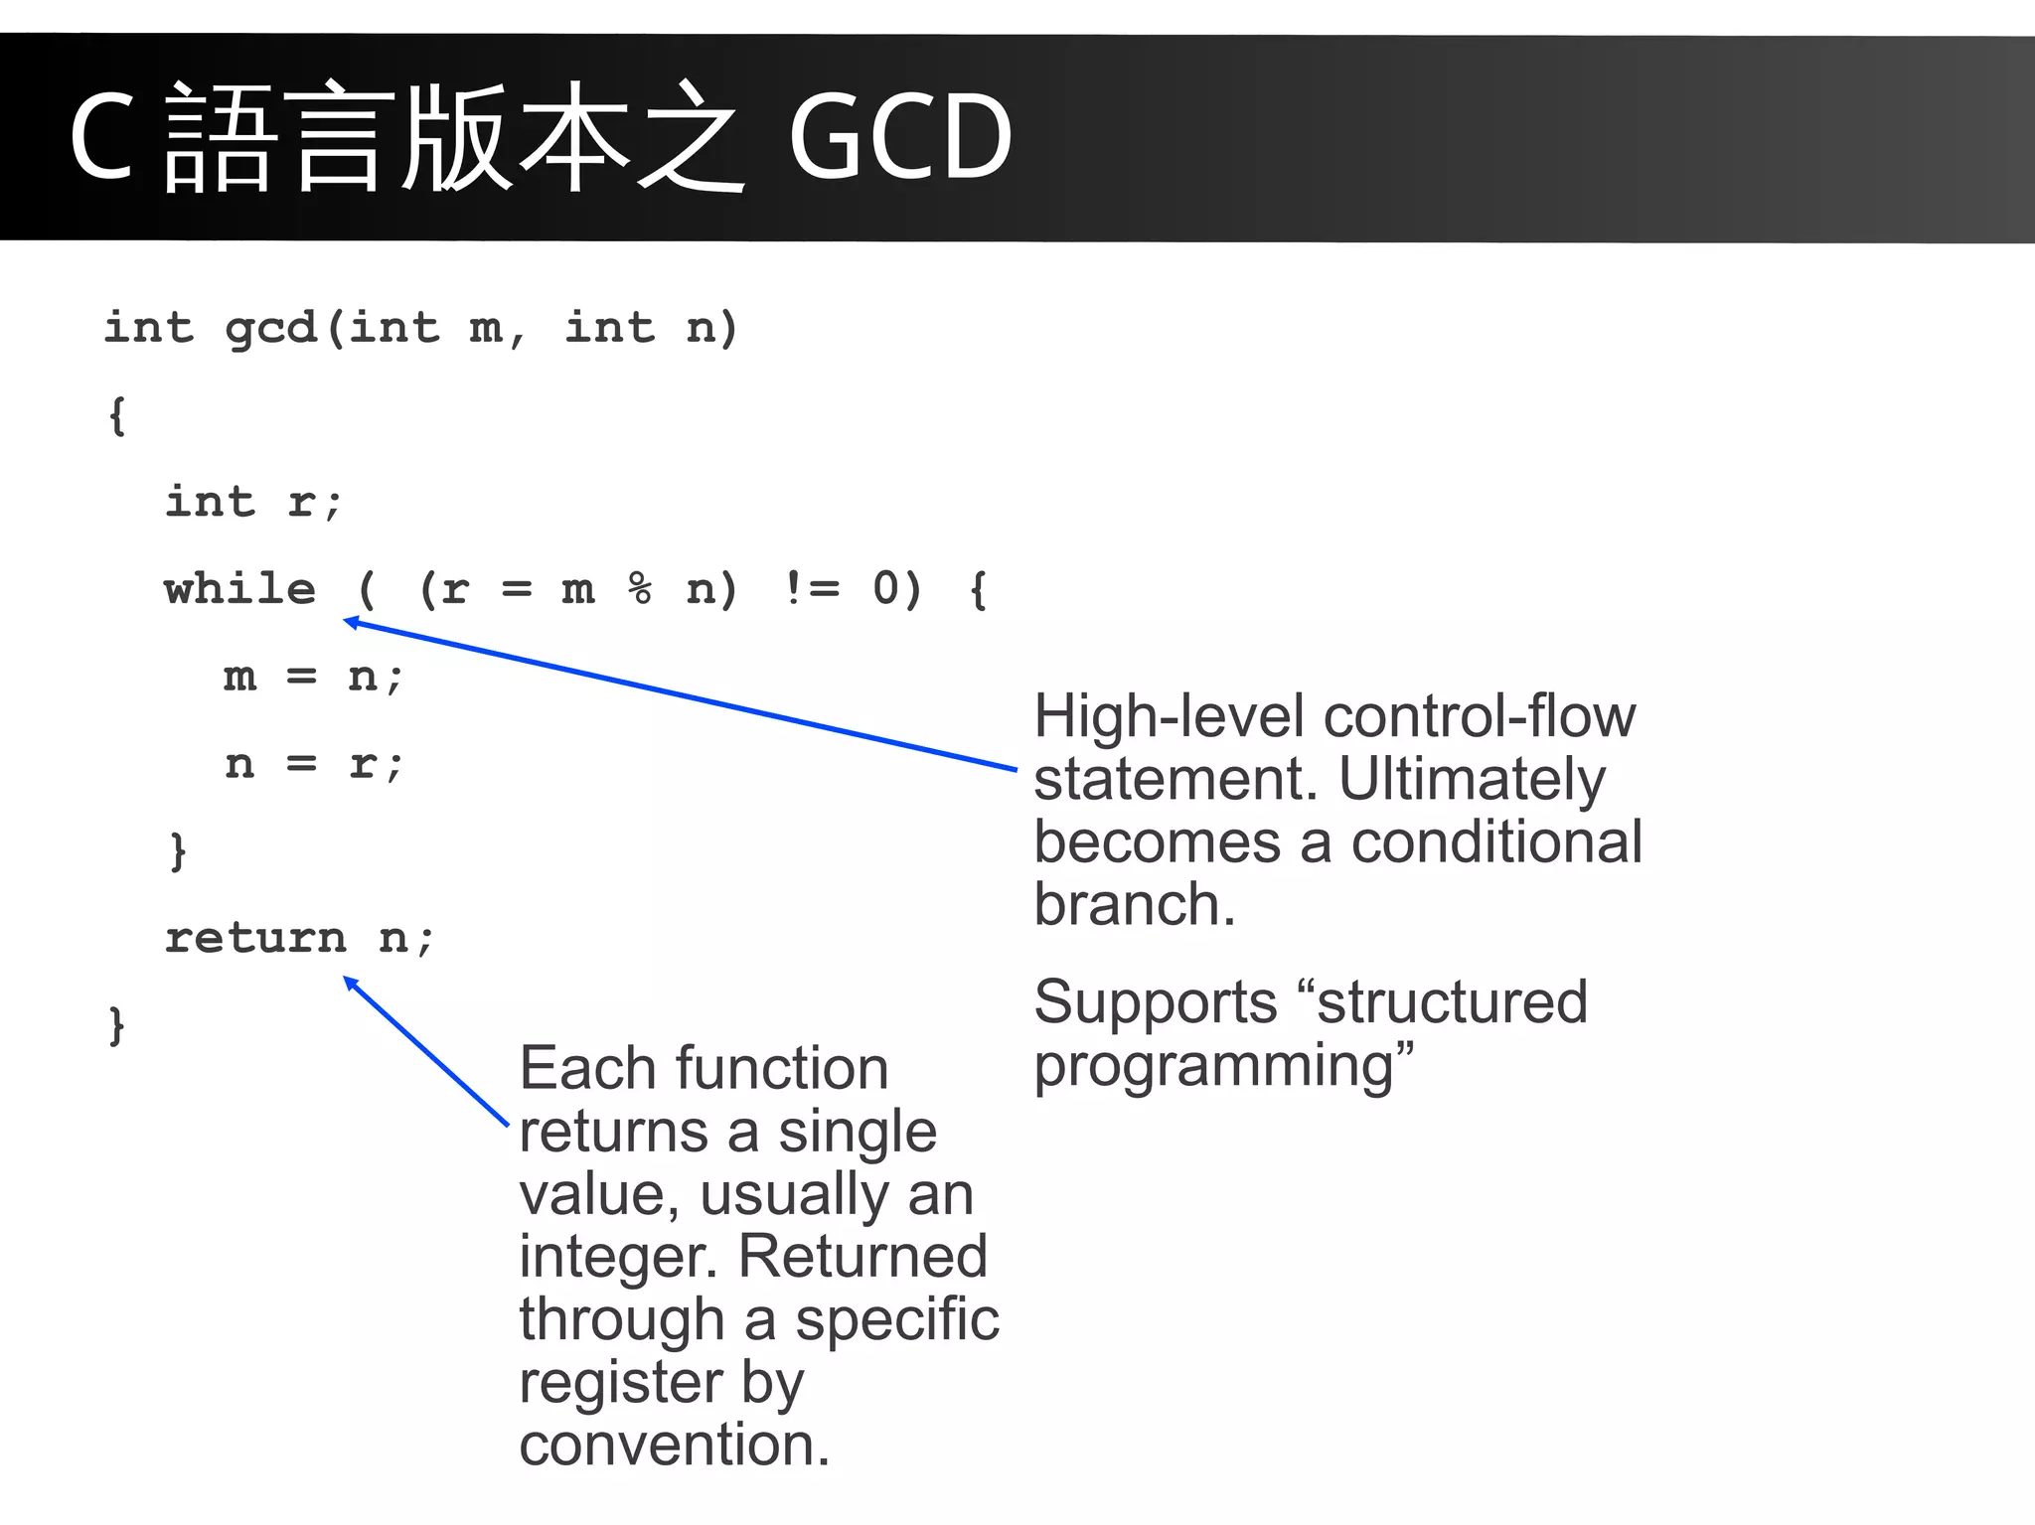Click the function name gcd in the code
click(x=270, y=328)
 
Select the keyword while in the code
click(x=240, y=589)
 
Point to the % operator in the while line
click(x=640, y=589)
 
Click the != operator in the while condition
click(x=812, y=589)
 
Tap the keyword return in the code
click(x=255, y=938)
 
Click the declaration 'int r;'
click(x=253, y=502)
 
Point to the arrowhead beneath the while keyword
click(x=351, y=623)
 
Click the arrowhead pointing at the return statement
click(x=350, y=983)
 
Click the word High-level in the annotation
click(x=1169, y=716)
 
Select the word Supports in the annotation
click(x=1155, y=1001)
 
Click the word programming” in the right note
click(x=1223, y=1066)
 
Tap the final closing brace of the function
click(x=116, y=1025)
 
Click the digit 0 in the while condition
click(x=884, y=589)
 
